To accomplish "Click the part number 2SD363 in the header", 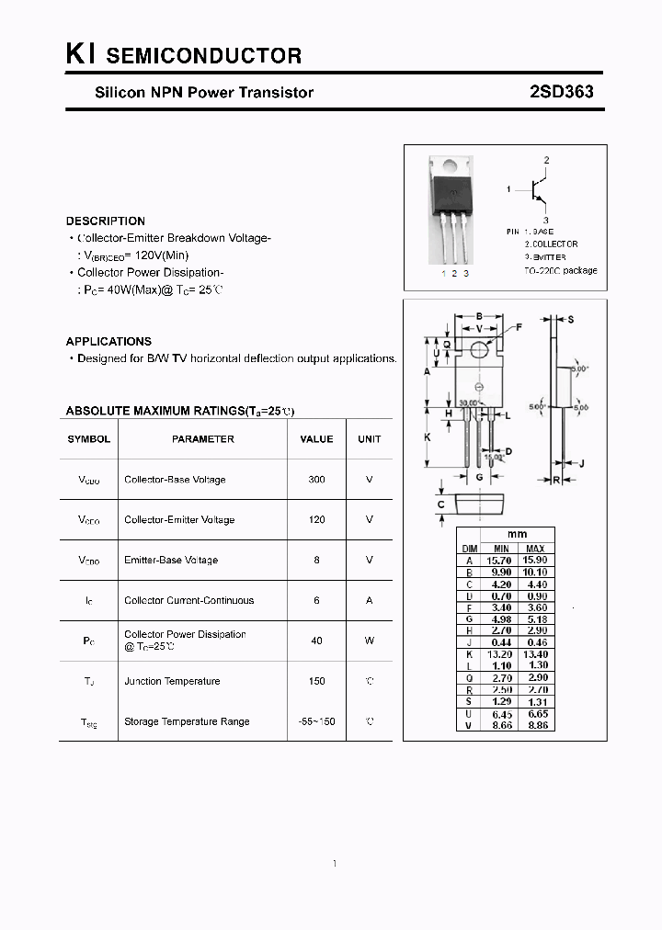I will point(561,92).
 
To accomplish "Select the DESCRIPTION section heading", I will point(106,221).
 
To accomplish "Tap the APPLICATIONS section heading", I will point(108,341).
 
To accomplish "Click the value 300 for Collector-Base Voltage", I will point(316,480).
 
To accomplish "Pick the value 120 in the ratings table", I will point(316,520).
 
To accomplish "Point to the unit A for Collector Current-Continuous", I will point(369,601).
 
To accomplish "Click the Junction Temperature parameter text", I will point(172,682).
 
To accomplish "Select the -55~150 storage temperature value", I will point(316,722).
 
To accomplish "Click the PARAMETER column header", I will point(202,439).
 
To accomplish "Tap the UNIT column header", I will point(369,439).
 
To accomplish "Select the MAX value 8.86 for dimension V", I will point(535,725).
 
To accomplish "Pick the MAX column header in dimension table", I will point(535,548).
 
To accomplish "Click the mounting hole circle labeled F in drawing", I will point(479,349).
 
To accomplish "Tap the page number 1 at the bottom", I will point(335,864).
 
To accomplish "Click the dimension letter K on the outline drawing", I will point(428,437).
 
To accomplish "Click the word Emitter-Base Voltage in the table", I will point(171,561).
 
